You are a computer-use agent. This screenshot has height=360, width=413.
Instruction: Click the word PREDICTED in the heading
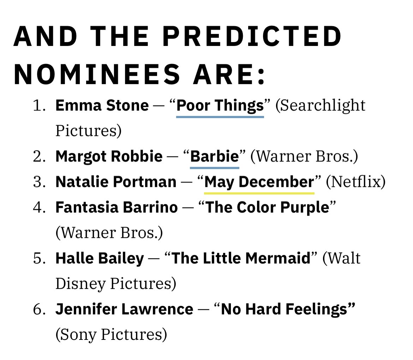coord(252,36)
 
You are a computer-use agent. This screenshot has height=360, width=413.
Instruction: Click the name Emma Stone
coord(102,105)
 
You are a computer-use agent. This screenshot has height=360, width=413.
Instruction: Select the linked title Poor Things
coord(220,106)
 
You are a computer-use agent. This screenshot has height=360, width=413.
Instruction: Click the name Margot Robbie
coord(109,156)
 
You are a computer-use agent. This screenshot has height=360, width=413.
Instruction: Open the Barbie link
coord(214,156)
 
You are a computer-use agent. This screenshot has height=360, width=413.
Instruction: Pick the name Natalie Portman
coord(116,182)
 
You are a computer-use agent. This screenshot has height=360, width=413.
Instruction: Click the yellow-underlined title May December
coord(259,182)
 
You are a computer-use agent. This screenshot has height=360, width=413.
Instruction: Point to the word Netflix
coord(355,182)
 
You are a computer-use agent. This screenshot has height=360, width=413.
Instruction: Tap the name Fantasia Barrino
coord(117,207)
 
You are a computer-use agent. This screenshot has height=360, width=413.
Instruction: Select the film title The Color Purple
coord(267,208)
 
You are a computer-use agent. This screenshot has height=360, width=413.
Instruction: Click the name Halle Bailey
coord(100,258)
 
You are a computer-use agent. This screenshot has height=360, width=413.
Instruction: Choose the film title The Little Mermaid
coord(241,258)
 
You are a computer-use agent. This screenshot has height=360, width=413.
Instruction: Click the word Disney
coord(80,284)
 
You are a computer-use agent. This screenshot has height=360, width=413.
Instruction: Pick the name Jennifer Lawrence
coord(124,309)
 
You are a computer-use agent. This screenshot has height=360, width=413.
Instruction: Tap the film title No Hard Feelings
coord(285,310)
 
